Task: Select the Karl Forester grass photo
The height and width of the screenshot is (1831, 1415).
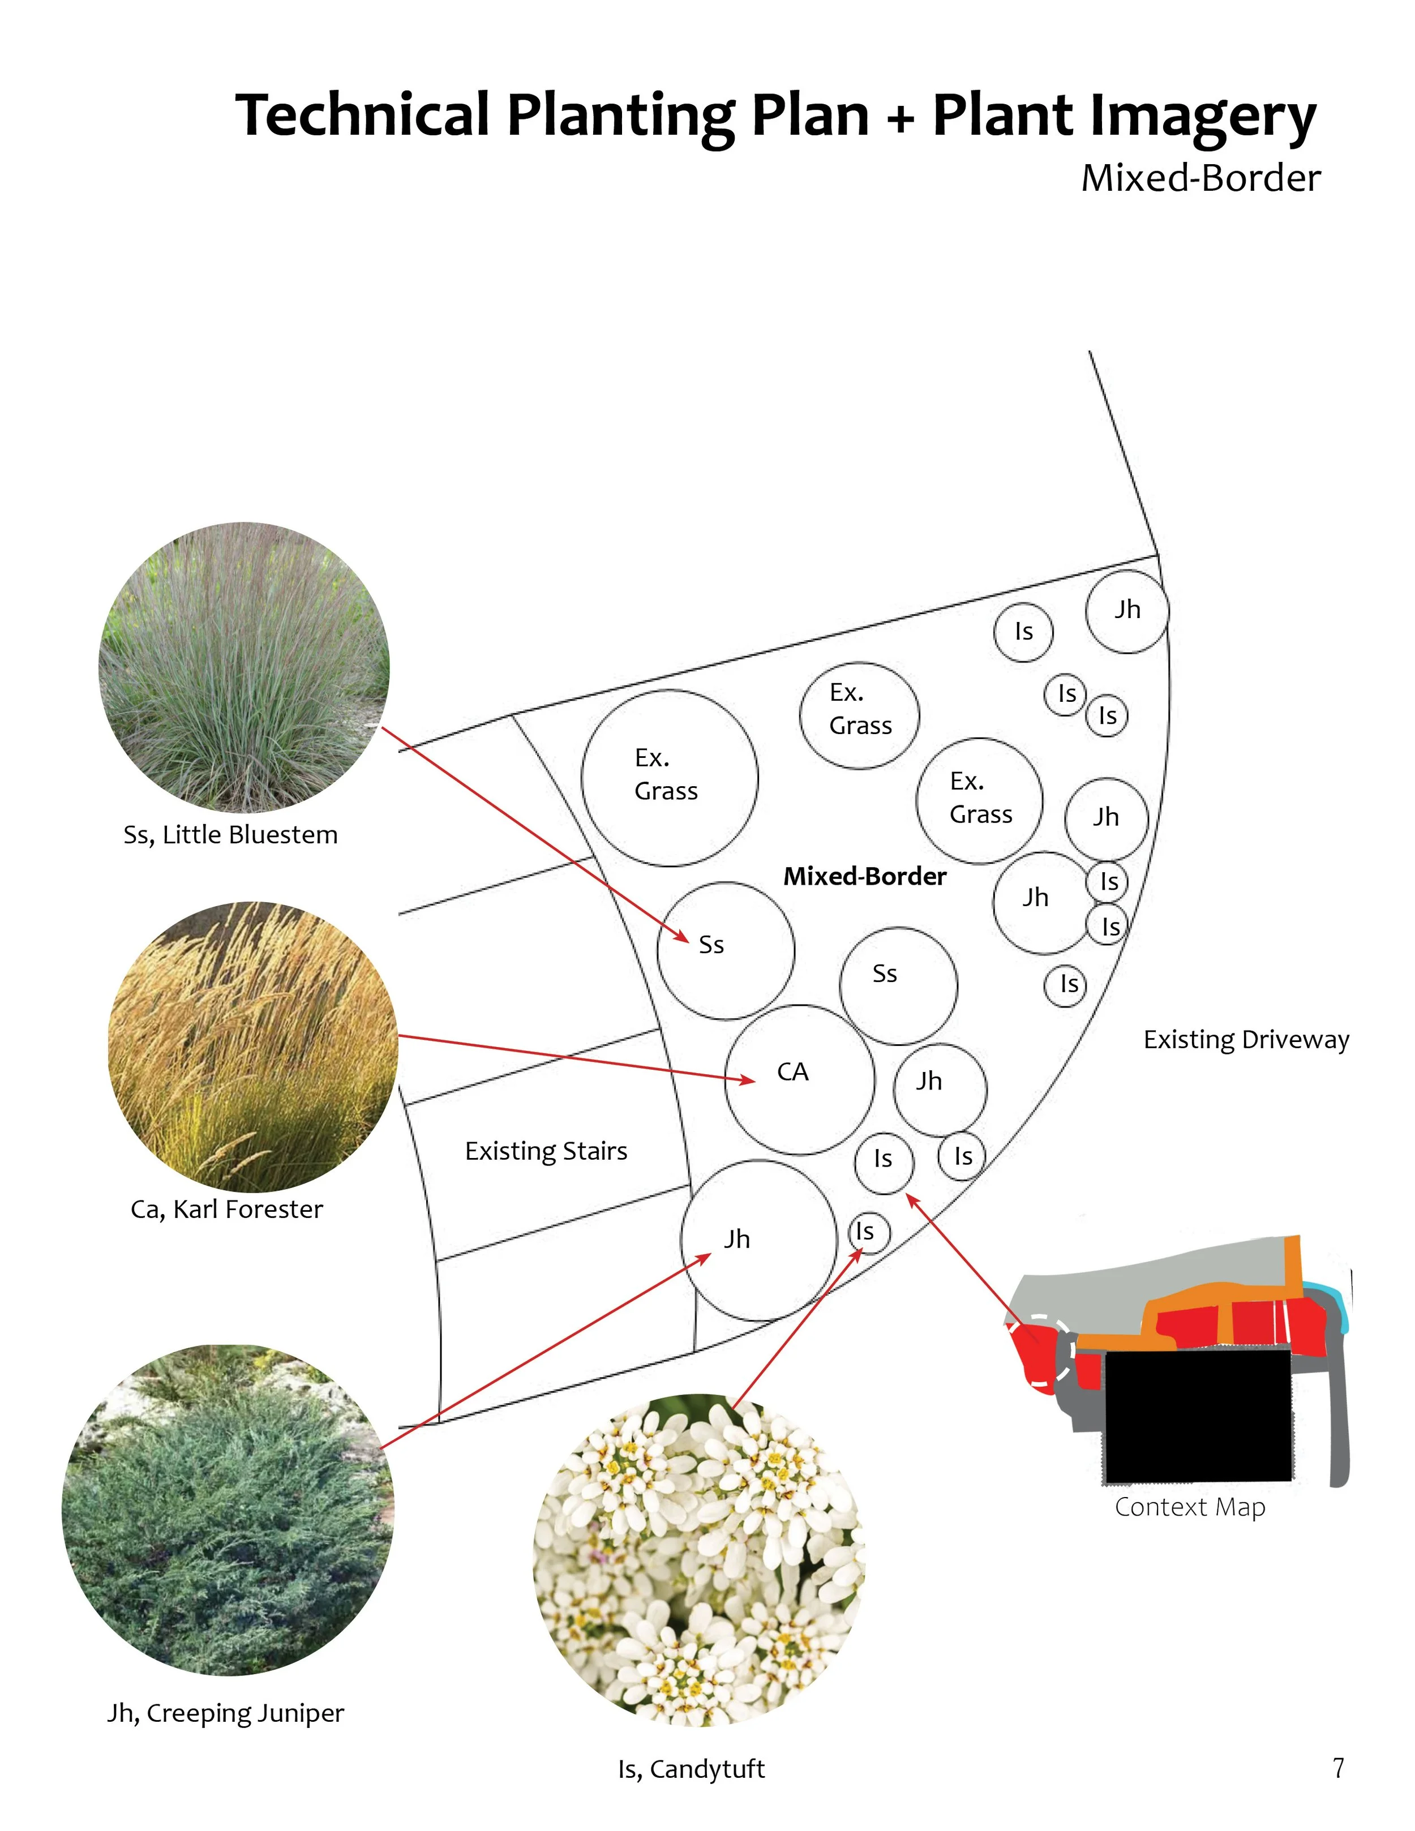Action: pyautogui.click(x=252, y=1047)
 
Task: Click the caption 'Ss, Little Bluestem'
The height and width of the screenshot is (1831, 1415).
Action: pyautogui.click(x=230, y=835)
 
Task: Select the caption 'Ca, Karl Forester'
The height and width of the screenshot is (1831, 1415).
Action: pyautogui.click(x=226, y=1209)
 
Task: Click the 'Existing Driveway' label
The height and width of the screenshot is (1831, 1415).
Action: pyautogui.click(x=1246, y=1040)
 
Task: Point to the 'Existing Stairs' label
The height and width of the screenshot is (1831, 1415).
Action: pyautogui.click(x=546, y=1151)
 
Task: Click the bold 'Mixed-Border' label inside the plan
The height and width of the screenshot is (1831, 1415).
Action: pyautogui.click(x=864, y=876)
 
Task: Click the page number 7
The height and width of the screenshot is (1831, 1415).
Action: pyautogui.click(x=1338, y=1767)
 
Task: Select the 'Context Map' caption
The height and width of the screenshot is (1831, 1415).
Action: pyautogui.click(x=1190, y=1507)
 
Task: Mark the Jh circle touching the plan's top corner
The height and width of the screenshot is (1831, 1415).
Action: pyautogui.click(x=1127, y=611)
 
